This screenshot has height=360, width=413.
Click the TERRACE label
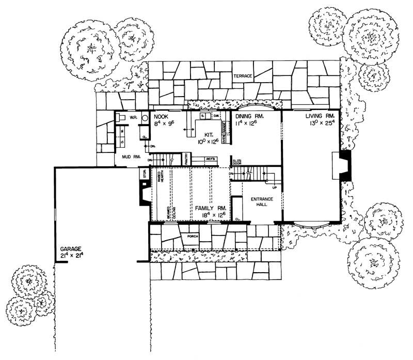pos(242,76)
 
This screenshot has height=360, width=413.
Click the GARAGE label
pos(72,249)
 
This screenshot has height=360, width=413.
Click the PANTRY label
pos(186,159)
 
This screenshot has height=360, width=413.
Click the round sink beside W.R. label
pos(145,117)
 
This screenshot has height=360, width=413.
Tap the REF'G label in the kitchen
pos(210,159)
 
